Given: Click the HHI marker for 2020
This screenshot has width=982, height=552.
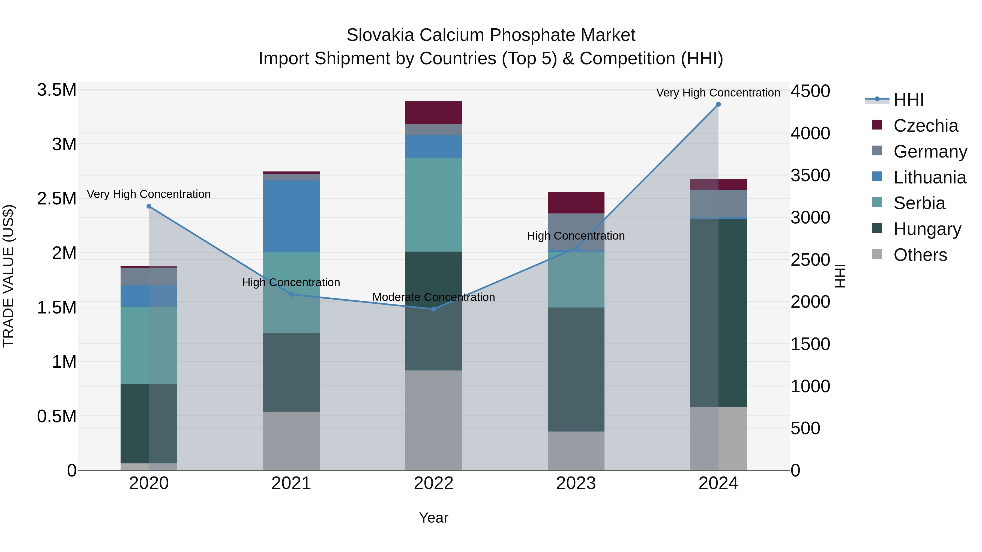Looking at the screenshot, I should pos(149,206).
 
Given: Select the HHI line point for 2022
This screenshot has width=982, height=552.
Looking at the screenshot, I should pos(433,309).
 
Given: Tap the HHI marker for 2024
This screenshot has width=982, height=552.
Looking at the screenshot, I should pos(718,104).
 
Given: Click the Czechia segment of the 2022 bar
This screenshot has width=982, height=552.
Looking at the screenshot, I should pos(433,113).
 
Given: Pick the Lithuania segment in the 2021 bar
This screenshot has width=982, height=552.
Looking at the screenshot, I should pos(291,216).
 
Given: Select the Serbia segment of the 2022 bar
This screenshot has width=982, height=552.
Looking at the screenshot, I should pos(433,204).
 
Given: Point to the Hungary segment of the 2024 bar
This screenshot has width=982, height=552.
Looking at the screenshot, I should pos(718,312).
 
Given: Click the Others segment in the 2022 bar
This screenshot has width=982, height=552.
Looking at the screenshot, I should pos(433,420).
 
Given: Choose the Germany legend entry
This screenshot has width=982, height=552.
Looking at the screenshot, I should pos(930,152).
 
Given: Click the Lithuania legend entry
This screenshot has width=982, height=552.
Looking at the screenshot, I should pos(929,177).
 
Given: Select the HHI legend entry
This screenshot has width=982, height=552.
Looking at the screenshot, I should pos(908,100).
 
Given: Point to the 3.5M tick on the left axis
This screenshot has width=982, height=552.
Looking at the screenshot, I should pos(57,90).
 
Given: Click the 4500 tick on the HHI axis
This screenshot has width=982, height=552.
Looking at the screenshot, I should pos(810,91).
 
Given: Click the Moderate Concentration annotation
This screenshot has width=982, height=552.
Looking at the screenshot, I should pos(433,297).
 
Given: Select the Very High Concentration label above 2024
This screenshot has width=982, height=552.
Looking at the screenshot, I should pos(718,93).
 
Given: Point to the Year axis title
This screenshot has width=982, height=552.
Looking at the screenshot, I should pos(433,518).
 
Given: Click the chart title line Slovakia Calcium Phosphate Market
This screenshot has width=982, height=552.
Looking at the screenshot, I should pos(491,35).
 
